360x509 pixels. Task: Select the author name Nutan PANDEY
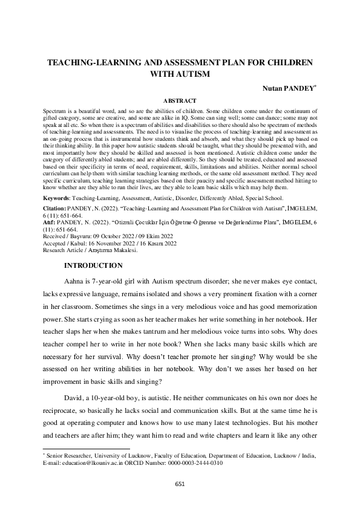pyautogui.click(x=287, y=88)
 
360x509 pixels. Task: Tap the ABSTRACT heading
pyautogui.click(x=180, y=101)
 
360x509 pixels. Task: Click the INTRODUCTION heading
pyautogui.click(x=93, y=266)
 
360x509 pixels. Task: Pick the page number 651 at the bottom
pyautogui.click(x=180, y=484)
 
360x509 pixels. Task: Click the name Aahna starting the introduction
pyautogui.click(x=75, y=282)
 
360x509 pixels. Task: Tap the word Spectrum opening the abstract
pyautogui.click(x=56, y=112)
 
